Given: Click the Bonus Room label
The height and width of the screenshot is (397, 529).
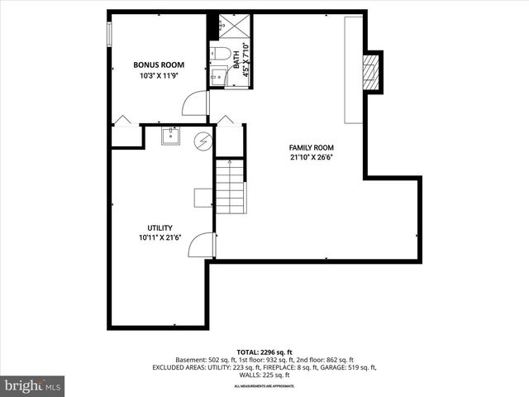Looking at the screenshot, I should click(x=159, y=65).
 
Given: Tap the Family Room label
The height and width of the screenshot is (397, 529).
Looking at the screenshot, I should click(x=311, y=147).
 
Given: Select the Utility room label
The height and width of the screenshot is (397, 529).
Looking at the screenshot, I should click(x=160, y=227).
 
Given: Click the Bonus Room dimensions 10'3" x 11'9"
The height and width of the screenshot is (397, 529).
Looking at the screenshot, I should click(x=159, y=75).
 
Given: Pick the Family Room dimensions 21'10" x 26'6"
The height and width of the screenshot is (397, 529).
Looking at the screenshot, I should click(x=311, y=157).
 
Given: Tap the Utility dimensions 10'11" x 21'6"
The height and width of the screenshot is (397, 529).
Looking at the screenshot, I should click(x=160, y=238).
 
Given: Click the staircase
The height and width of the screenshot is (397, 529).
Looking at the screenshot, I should click(x=231, y=186).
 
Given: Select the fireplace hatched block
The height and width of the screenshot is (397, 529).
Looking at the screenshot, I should click(x=373, y=72).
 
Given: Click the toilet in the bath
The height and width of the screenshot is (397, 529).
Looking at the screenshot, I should click(x=219, y=55).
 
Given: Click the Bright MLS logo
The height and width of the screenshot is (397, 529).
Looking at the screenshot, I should click(x=33, y=385).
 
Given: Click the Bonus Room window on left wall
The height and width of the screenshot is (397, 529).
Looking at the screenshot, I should click(x=110, y=32).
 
